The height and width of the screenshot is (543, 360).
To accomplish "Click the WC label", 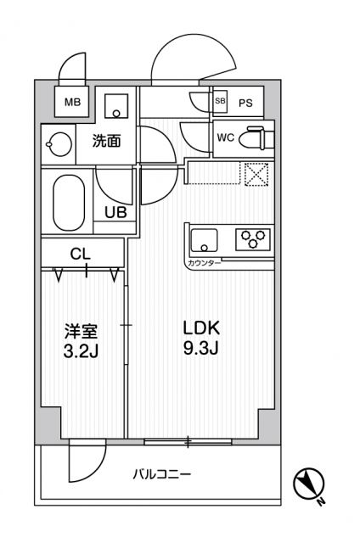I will tap(225, 137).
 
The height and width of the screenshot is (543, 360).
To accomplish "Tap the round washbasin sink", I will tap(59, 143).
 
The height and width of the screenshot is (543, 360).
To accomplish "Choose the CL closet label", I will tap(81, 253).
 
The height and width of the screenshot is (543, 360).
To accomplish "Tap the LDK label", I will tap(201, 328).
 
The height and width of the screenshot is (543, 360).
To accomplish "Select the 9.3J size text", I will tap(201, 348).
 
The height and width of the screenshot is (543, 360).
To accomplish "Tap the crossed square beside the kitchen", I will tap(255, 173).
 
